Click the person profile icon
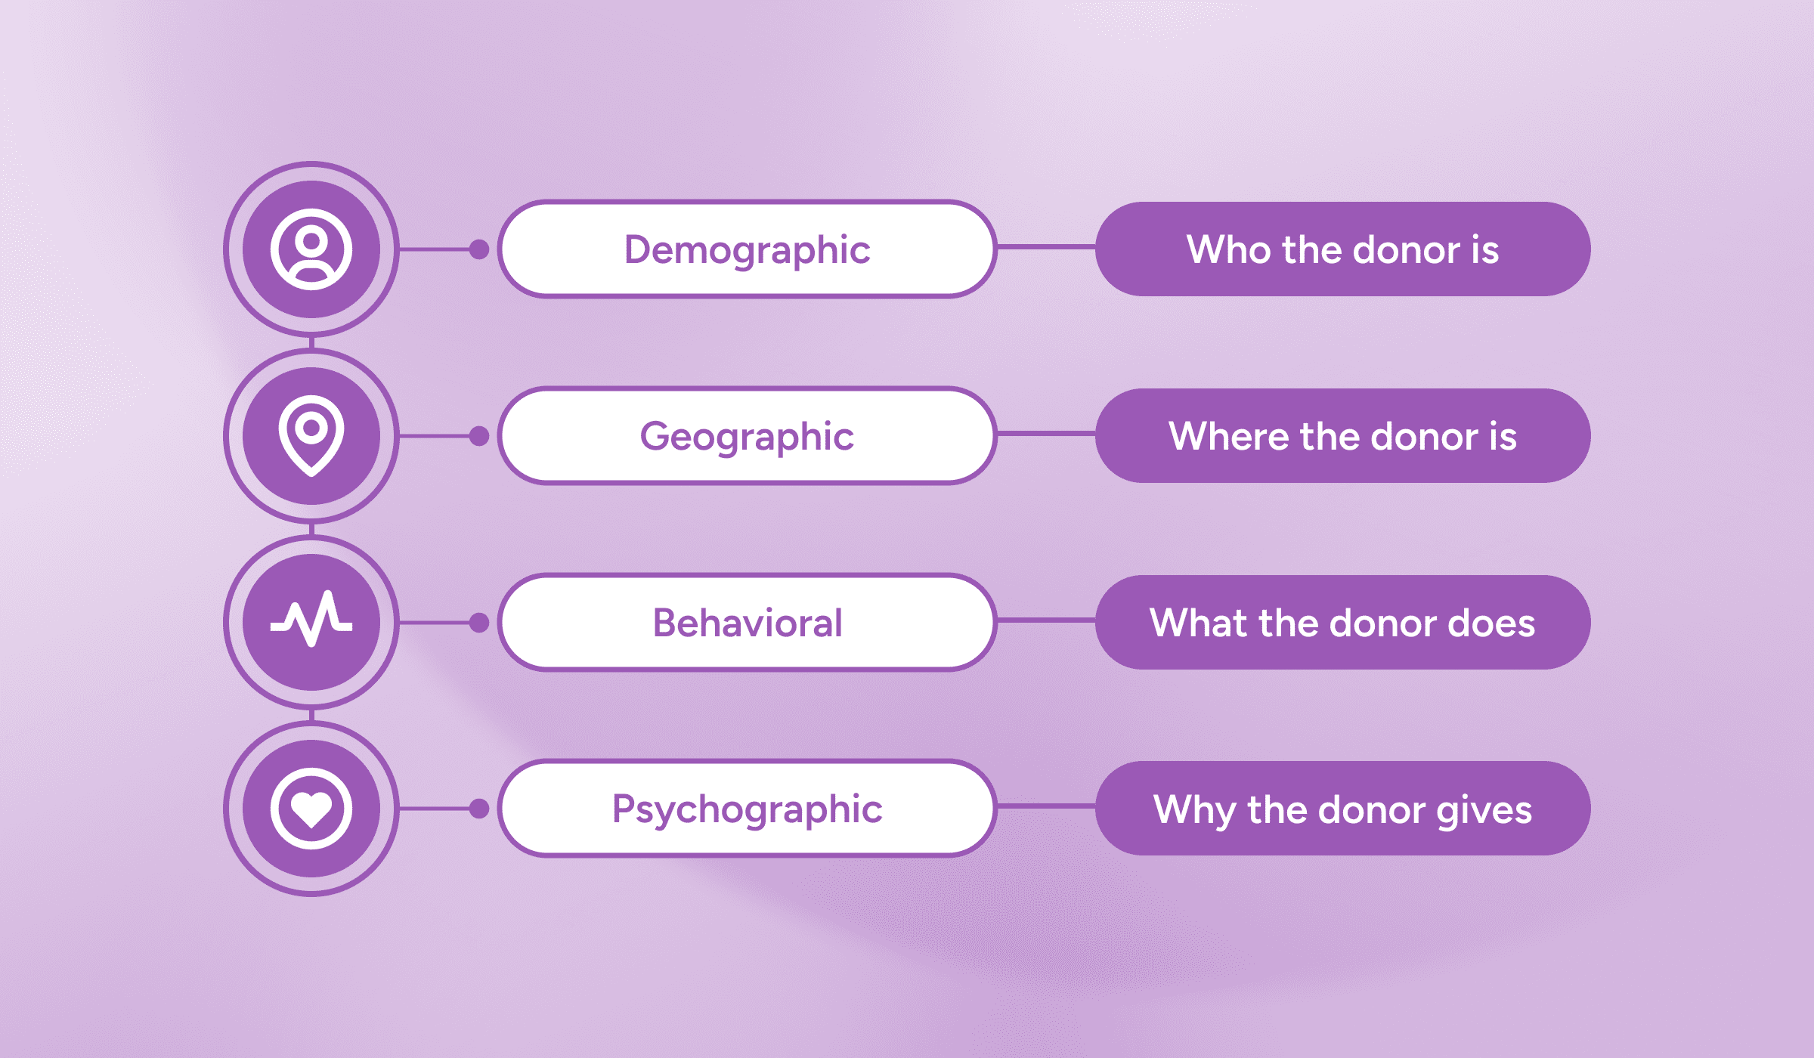(x=311, y=249)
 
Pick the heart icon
(x=311, y=809)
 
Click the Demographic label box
(x=747, y=249)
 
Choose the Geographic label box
(x=747, y=436)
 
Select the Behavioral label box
(x=747, y=623)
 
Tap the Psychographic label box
(x=747, y=809)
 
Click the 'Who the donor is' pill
(x=1343, y=249)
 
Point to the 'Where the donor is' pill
(x=1343, y=436)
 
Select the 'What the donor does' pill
(x=1343, y=623)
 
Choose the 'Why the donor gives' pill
(x=1343, y=809)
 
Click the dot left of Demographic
(x=479, y=249)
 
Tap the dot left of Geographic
(x=479, y=436)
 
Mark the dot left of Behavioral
(x=479, y=623)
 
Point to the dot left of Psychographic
(x=479, y=809)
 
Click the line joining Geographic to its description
(x=1046, y=434)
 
